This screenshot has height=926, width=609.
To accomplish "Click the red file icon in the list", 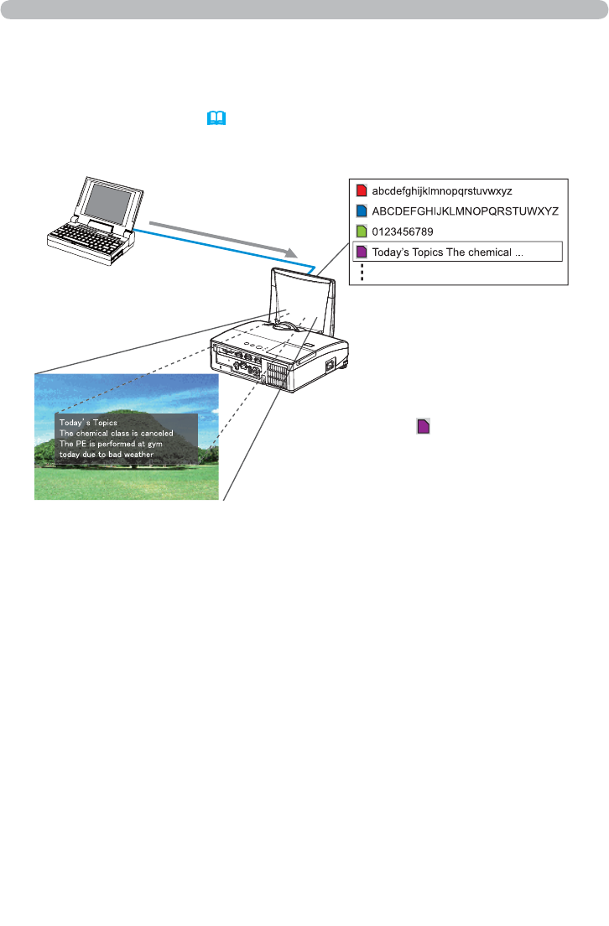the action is [x=362, y=190].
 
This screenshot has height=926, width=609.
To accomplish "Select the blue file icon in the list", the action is [x=362, y=211].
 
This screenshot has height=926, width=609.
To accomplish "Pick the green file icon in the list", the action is [x=362, y=231].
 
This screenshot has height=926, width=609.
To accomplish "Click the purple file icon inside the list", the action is [x=362, y=252].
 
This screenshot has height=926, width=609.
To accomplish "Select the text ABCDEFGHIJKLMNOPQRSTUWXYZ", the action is [x=465, y=211].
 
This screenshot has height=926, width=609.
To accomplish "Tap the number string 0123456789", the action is [x=409, y=231].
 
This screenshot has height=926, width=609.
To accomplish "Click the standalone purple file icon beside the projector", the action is [x=424, y=427].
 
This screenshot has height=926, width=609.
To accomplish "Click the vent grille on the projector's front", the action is [x=276, y=374].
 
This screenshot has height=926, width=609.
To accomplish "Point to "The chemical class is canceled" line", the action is [x=115, y=433].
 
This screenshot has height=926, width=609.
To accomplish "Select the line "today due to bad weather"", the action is [x=107, y=455].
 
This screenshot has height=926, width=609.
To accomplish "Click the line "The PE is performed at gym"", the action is [x=110, y=444].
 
